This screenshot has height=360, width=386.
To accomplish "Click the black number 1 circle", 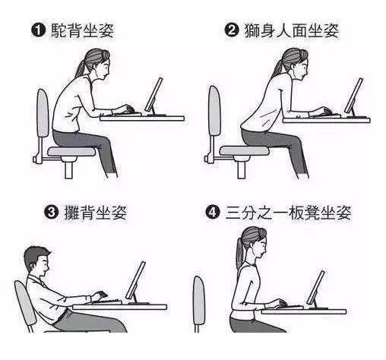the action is [38, 30].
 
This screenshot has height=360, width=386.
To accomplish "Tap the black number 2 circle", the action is [232, 30].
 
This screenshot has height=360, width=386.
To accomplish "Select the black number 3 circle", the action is [52, 211].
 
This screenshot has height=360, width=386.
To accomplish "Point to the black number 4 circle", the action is [213, 212].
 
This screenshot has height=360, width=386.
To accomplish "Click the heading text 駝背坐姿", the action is [83, 30].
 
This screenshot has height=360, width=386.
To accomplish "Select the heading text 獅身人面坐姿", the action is [291, 30].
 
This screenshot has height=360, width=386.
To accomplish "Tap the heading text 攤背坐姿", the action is [95, 212].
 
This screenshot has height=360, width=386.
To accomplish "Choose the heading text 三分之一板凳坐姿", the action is [288, 213].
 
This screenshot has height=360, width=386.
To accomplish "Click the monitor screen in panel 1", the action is [153, 94].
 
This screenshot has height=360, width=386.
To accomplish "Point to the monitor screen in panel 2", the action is [353, 95].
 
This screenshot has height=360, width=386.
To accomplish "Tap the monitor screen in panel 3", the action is [136, 280].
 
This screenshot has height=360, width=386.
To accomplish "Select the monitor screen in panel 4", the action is [315, 288].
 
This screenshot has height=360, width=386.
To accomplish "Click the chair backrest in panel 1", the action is [43, 113].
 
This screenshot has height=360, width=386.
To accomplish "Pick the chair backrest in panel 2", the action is [214, 110].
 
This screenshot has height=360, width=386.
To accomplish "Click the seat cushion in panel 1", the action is [71, 151].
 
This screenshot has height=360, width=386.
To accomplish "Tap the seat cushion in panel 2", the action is [244, 150].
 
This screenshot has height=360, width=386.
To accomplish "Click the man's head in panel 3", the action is [37, 261].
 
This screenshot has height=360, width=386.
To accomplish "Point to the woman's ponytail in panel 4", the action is [239, 254].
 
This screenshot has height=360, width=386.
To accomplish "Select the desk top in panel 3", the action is [119, 307].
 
